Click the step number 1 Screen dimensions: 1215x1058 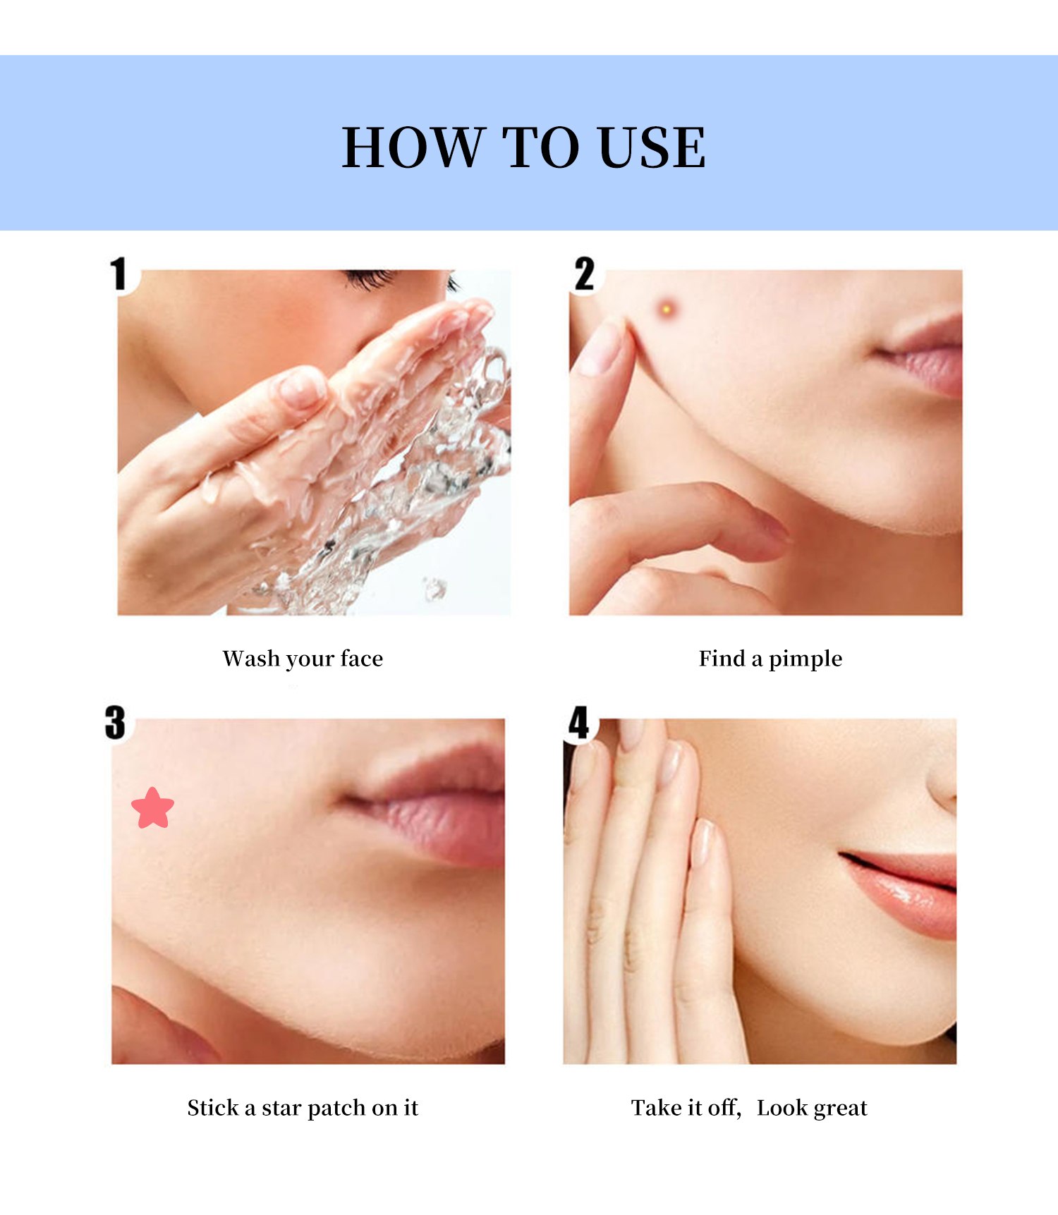click(119, 274)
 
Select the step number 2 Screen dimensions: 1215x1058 click(585, 274)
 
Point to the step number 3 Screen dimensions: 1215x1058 click(116, 723)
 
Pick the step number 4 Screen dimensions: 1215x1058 click(579, 723)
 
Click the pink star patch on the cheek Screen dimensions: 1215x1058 click(152, 808)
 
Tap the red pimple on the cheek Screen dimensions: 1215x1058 click(666, 308)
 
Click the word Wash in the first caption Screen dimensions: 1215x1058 click(251, 659)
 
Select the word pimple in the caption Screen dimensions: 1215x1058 click(805, 659)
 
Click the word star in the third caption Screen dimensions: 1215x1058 click(281, 1108)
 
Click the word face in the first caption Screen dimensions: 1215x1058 click(361, 659)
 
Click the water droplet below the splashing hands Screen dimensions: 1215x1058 click(434, 587)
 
